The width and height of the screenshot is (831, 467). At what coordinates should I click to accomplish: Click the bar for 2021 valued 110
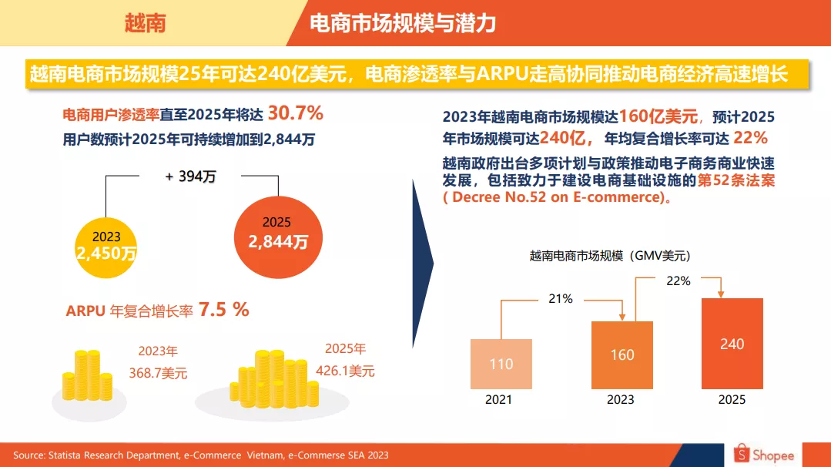click(501, 364)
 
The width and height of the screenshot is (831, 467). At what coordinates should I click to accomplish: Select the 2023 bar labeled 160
click(621, 354)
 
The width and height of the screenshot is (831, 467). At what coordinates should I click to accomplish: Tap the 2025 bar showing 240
click(732, 344)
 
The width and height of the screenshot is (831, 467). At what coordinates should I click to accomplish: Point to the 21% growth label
click(561, 298)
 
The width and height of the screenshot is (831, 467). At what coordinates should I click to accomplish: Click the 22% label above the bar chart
click(678, 281)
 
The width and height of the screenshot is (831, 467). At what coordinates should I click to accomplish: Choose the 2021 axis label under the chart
click(499, 400)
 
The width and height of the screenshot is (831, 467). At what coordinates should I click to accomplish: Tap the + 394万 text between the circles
click(190, 176)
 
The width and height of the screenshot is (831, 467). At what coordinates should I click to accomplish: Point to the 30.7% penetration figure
click(295, 114)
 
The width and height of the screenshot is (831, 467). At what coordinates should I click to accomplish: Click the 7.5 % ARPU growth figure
click(224, 310)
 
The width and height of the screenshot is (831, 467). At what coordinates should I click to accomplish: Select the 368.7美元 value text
click(158, 374)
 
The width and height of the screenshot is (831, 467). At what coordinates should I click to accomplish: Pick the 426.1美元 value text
click(345, 371)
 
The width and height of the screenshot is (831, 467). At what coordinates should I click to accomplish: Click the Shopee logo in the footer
click(763, 455)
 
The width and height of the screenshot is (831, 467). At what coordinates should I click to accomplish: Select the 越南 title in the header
click(146, 23)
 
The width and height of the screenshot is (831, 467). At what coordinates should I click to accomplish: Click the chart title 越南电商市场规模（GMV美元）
click(608, 256)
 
